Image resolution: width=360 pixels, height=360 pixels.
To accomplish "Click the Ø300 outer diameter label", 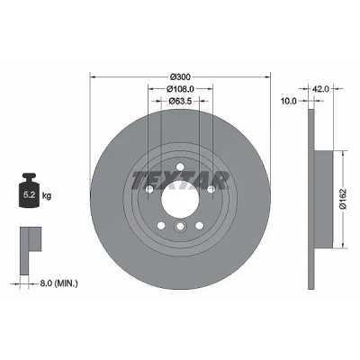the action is (180, 77).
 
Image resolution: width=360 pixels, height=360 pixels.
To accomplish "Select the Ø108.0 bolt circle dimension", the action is (180, 89).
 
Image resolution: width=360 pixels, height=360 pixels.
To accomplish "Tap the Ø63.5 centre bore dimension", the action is (180, 101).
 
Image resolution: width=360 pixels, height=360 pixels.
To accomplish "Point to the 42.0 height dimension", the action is (320, 89).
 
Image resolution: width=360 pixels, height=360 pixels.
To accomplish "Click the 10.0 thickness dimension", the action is (288, 101).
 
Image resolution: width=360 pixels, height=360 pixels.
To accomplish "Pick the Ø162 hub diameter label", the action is (343, 199).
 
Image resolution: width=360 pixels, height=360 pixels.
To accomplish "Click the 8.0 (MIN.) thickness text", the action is (58, 283).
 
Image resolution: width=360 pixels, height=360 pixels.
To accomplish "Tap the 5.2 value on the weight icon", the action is (30, 195).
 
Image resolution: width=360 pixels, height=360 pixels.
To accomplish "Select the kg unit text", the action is (47, 196).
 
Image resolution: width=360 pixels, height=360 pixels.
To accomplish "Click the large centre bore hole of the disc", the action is (180, 200).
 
